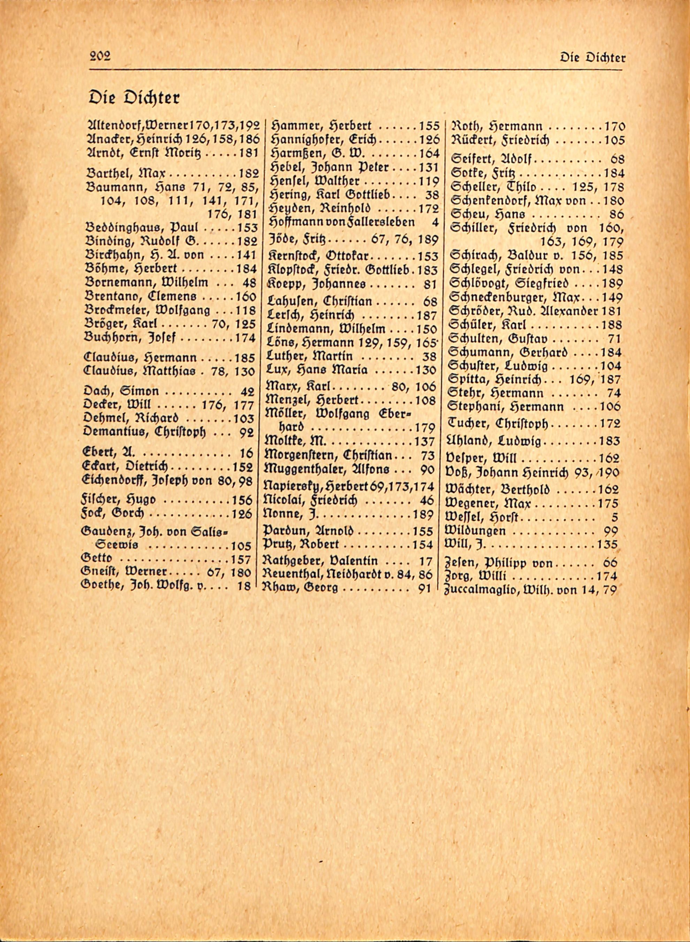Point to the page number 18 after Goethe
tap(243, 586)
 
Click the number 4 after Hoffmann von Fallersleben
tap(436, 222)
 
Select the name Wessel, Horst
tap(482, 518)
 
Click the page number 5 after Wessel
tap(614, 518)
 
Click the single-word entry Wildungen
tap(476, 531)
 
